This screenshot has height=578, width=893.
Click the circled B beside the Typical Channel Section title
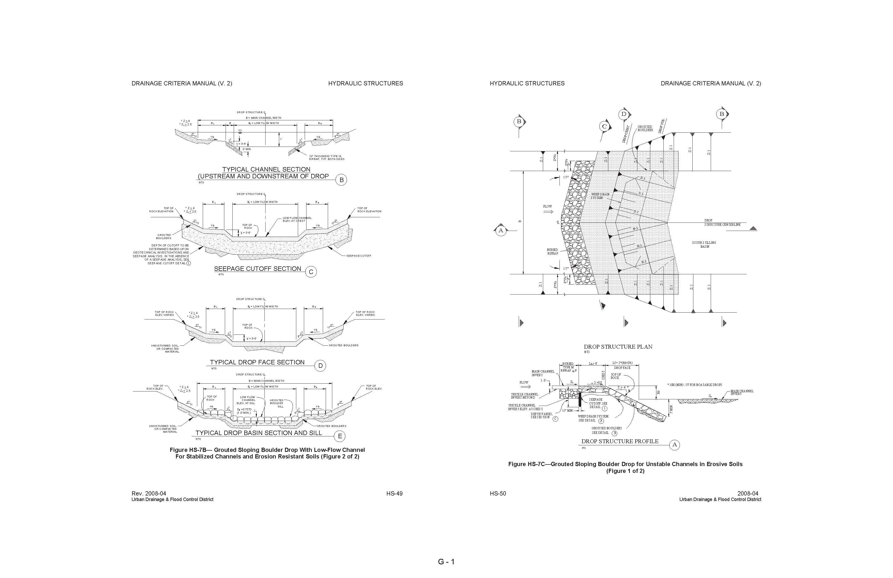point(341,180)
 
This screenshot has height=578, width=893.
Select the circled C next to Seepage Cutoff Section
point(311,272)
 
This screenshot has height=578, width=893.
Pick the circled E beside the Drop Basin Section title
point(340,436)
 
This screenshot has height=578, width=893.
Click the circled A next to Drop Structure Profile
point(674,445)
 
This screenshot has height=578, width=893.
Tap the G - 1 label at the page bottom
point(446,562)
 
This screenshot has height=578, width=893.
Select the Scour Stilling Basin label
point(704,245)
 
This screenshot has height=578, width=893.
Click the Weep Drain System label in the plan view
point(600,196)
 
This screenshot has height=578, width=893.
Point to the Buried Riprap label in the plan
point(552,251)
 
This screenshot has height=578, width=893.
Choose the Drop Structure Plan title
point(618,347)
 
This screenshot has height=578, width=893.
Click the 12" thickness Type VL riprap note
point(326,158)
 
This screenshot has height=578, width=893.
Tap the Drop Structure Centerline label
point(722,223)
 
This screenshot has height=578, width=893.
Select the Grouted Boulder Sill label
point(277,403)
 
